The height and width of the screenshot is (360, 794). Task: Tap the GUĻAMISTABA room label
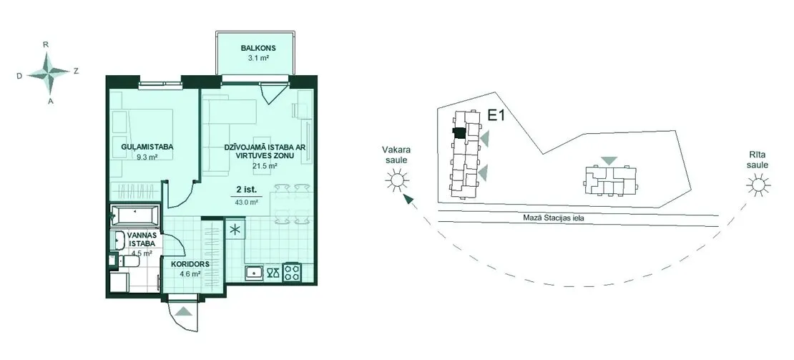[147, 147]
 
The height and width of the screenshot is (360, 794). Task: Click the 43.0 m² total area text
[247, 202]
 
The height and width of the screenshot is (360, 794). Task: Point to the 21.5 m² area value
[265, 165]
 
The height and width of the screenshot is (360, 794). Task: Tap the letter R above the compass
[46, 44]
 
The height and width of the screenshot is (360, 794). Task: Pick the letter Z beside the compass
[76, 72]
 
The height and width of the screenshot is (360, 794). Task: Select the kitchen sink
[253, 273]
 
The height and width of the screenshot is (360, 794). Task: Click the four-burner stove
[292, 273]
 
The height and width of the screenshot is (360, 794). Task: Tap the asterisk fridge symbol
[235, 229]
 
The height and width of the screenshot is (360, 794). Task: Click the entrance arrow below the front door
[183, 311]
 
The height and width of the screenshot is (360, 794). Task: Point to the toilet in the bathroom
[126, 261]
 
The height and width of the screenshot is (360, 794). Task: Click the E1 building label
[496, 116]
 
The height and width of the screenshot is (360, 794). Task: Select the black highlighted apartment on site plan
[459, 132]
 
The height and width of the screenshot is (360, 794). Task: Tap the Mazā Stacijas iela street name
[554, 218]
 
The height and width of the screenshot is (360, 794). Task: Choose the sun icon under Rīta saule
[758, 185]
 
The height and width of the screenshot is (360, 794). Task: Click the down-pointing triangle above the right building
[609, 160]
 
